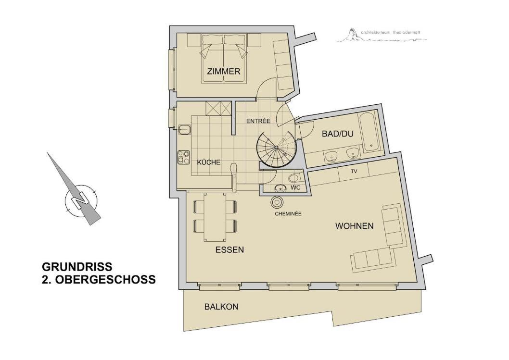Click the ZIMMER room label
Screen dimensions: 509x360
point(224,71)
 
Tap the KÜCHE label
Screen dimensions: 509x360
point(209,162)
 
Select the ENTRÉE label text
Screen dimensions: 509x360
point(258,121)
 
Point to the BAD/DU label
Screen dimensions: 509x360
point(338,134)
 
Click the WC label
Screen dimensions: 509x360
point(295,188)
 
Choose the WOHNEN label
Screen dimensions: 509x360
point(355,226)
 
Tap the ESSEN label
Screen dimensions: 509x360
point(230,249)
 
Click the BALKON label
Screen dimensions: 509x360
point(221,307)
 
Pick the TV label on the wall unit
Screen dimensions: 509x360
point(354,171)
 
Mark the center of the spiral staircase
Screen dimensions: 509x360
point(276,148)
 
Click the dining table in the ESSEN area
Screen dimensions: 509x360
point(214,217)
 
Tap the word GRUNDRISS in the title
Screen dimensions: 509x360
point(77,267)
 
